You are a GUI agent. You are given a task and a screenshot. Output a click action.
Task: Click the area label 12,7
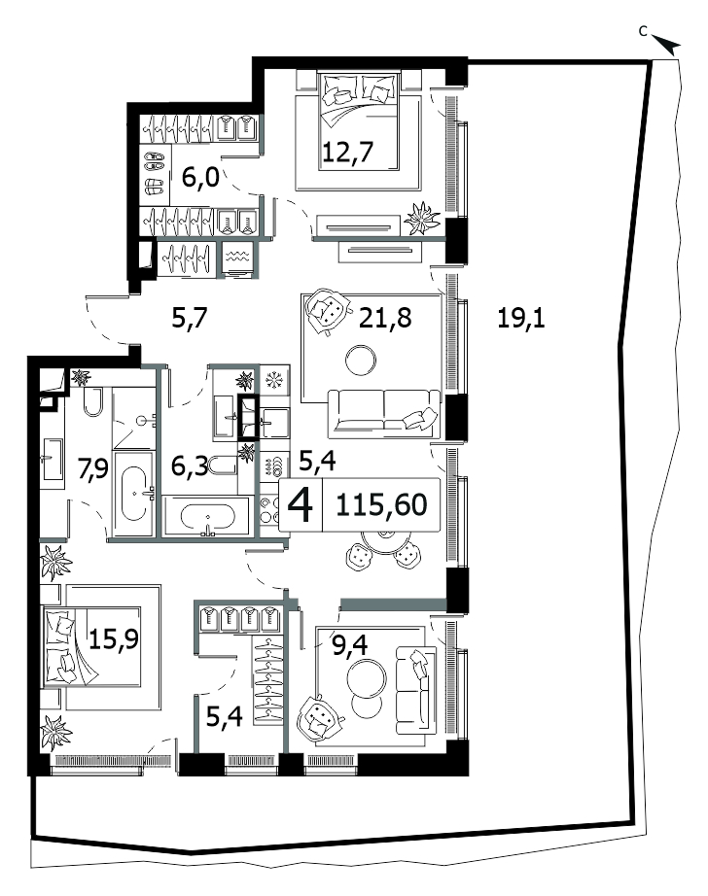pos(348,152)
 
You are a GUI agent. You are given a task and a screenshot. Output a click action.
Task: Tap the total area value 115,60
pos(381,504)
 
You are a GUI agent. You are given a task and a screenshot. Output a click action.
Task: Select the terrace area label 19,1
pos(521,318)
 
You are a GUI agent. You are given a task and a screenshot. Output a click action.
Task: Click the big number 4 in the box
pos(301,505)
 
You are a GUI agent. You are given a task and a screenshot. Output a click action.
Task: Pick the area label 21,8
pos(385,318)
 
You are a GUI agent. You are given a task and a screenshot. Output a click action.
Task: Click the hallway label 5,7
pos(190,318)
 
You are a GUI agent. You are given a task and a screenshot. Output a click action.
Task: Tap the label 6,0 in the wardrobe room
pos(200,178)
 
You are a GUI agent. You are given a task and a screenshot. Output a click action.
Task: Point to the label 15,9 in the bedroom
pos(114,638)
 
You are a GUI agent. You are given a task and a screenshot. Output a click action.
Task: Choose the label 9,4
pos(350,645)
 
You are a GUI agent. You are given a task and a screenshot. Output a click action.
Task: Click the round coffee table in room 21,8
pos(361,360)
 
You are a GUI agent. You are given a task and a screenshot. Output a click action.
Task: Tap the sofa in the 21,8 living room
pos(384,414)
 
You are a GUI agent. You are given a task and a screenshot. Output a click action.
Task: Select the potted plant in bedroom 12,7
pos(422,218)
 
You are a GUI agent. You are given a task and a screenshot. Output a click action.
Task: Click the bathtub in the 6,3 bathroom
pos(206,518)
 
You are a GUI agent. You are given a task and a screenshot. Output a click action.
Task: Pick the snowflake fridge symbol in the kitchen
pos(275,379)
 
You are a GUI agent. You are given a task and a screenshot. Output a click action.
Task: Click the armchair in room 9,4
pos(317,718)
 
